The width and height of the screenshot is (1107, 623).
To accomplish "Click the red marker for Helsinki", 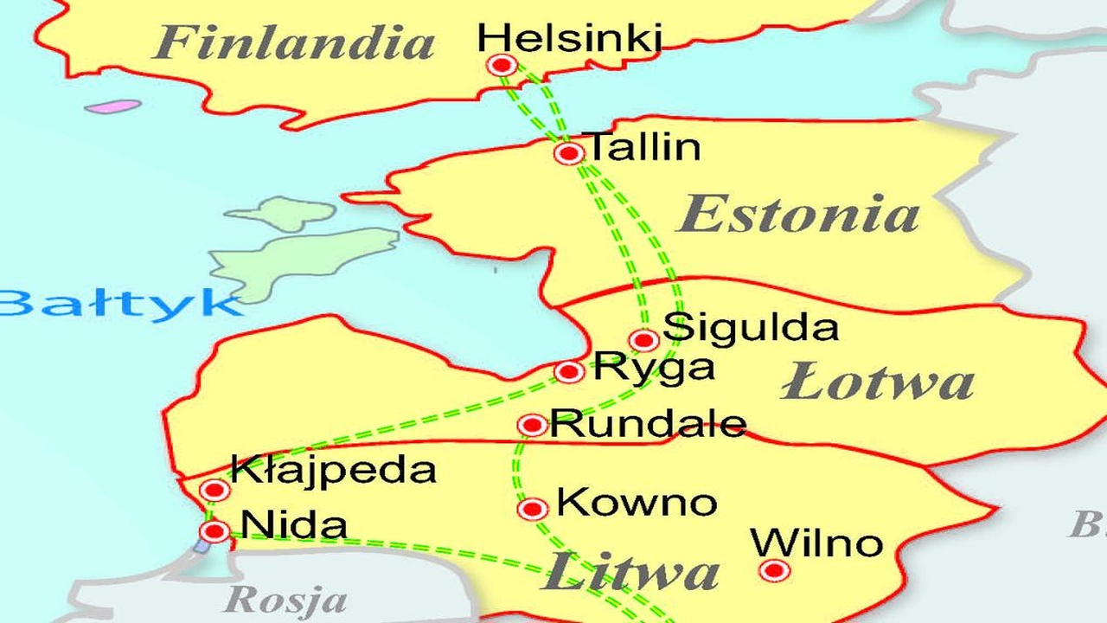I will click(x=502, y=65).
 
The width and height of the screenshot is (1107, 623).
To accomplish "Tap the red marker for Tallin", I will click(x=569, y=153).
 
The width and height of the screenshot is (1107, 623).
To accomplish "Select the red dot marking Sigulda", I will click(x=644, y=340).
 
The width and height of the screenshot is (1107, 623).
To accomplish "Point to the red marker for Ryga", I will click(x=569, y=372).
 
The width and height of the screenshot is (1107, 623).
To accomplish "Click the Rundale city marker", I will click(x=533, y=425).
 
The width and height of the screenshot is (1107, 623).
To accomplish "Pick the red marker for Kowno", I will click(x=533, y=508).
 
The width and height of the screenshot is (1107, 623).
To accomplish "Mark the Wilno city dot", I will click(x=774, y=570).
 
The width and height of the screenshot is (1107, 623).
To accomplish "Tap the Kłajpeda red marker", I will click(x=214, y=491).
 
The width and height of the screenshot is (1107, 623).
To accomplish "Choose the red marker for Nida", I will click(x=214, y=530).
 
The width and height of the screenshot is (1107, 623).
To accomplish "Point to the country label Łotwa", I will click(x=878, y=382).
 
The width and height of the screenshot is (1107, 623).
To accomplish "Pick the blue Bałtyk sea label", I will click(x=117, y=305).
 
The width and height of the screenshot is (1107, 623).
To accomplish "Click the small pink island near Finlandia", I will click(x=113, y=107).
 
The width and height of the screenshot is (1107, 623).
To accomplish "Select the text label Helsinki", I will click(x=569, y=37).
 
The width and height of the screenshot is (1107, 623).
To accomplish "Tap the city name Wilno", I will click(x=816, y=543).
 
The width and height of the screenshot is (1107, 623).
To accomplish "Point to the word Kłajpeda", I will click(x=333, y=471).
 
